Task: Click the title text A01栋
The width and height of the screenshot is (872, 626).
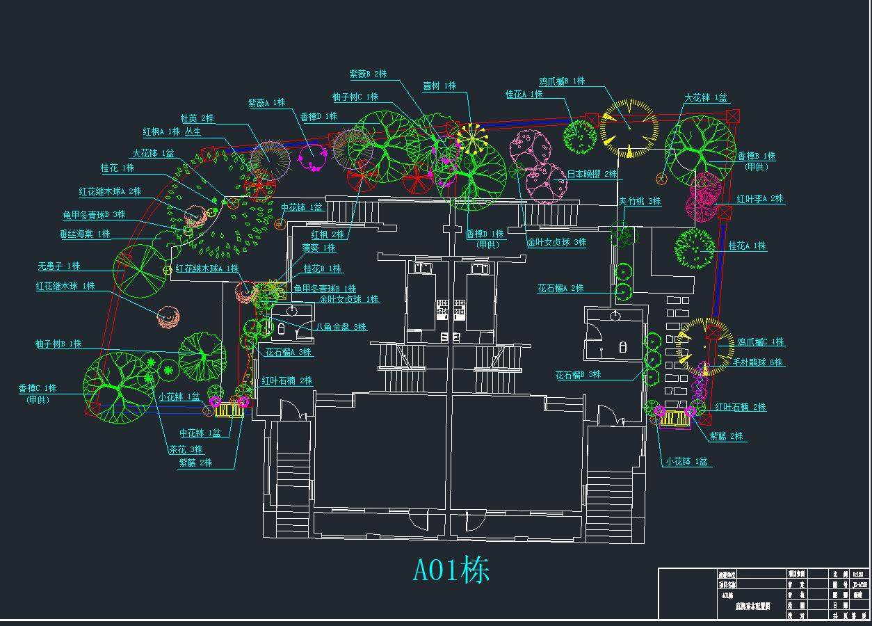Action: pyautogui.click(x=451, y=570)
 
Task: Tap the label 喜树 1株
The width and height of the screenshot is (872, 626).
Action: pyautogui.click(x=439, y=86)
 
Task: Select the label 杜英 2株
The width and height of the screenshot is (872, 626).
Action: pyautogui.click(x=197, y=118)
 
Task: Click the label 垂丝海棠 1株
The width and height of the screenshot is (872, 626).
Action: pyautogui.click(x=85, y=234)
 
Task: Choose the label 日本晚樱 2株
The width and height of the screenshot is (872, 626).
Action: pyautogui.click(x=592, y=174)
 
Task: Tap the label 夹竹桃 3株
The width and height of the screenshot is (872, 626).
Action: pyautogui.click(x=640, y=201)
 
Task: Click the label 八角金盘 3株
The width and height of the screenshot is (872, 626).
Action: pyautogui.click(x=341, y=326)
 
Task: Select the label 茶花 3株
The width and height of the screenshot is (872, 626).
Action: pyautogui.click(x=186, y=449)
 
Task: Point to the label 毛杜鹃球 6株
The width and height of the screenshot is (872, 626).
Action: pyautogui.click(x=757, y=362)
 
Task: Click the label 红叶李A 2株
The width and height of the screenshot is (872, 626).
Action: pyautogui.click(x=759, y=199)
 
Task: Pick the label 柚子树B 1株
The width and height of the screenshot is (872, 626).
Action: pyautogui.click(x=58, y=344)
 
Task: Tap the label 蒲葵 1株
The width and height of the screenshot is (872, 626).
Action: pyautogui.click(x=318, y=248)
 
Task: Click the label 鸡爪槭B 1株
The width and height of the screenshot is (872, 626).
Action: pyautogui.click(x=562, y=81)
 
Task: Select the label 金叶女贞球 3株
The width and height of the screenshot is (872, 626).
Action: pyautogui.click(x=556, y=243)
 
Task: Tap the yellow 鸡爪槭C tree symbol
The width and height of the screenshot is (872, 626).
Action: pyautogui.click(x=704, y=346)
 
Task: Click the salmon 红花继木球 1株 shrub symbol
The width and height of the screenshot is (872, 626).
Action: pyautogui.click(x=168, y=317)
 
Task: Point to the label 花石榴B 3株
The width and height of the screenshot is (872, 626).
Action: pyautogui.click(x=578, y=375)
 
